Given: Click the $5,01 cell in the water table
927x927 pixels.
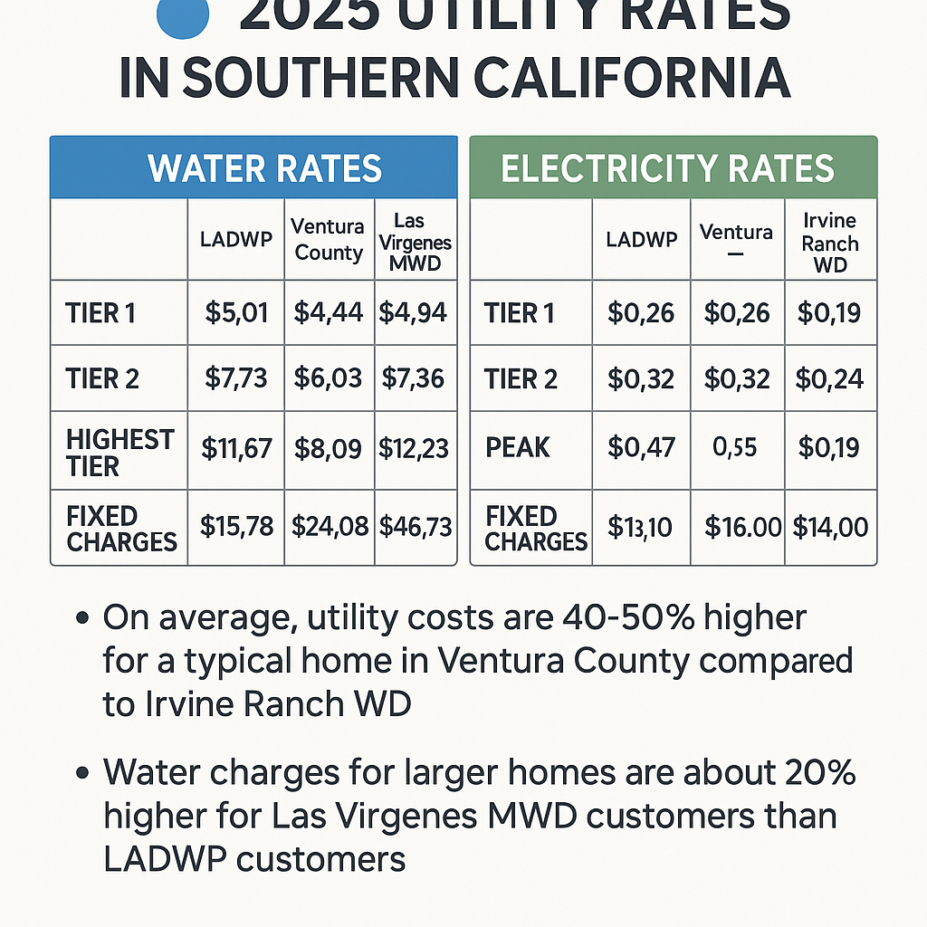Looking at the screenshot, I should [236, 313].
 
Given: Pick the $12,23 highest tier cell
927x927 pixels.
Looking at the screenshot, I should [415, 447].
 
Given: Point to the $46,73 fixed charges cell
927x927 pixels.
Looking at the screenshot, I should [416, 527].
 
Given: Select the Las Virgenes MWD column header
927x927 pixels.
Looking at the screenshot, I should [416, 242].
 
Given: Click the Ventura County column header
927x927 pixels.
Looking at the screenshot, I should [329, 240].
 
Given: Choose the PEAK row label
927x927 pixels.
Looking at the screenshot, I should [517, 447].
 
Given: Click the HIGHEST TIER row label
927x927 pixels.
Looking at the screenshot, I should [119, 453].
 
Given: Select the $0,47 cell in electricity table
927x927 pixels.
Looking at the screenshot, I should [641, 447].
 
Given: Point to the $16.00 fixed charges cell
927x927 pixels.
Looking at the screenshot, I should [742, 527].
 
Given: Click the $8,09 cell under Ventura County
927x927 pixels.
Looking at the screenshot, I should [329, 447].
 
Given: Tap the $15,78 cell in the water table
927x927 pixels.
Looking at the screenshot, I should [236, 527].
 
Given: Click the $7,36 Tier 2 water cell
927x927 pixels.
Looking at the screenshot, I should [415, 378].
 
